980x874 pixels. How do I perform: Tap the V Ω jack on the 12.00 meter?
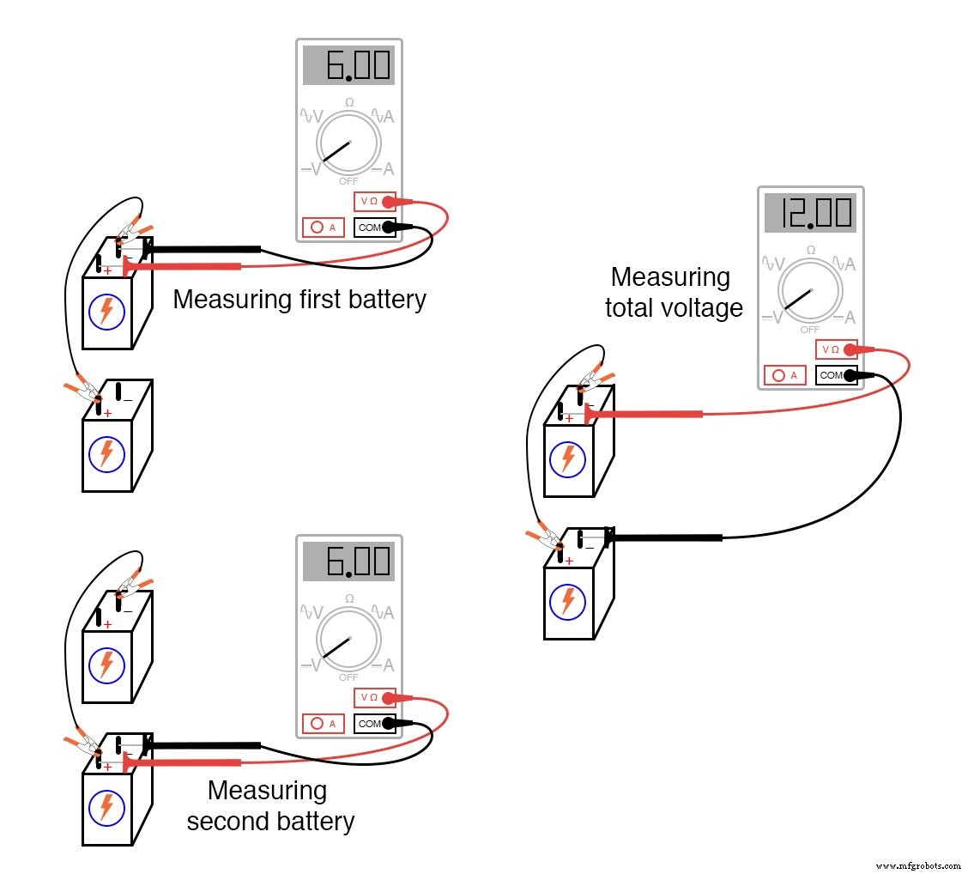(837, 349)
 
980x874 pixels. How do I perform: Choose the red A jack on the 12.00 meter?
(784, 375)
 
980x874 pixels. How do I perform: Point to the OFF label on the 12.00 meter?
(810, 330)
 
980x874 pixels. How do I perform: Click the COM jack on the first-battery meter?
(375, 228)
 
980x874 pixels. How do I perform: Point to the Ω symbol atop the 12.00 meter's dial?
(810, 250)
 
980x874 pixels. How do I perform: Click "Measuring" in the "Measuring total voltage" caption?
(669, 277)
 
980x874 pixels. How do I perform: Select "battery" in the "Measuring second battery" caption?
(313, 821)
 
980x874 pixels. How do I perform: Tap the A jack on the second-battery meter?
(324, 724)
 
